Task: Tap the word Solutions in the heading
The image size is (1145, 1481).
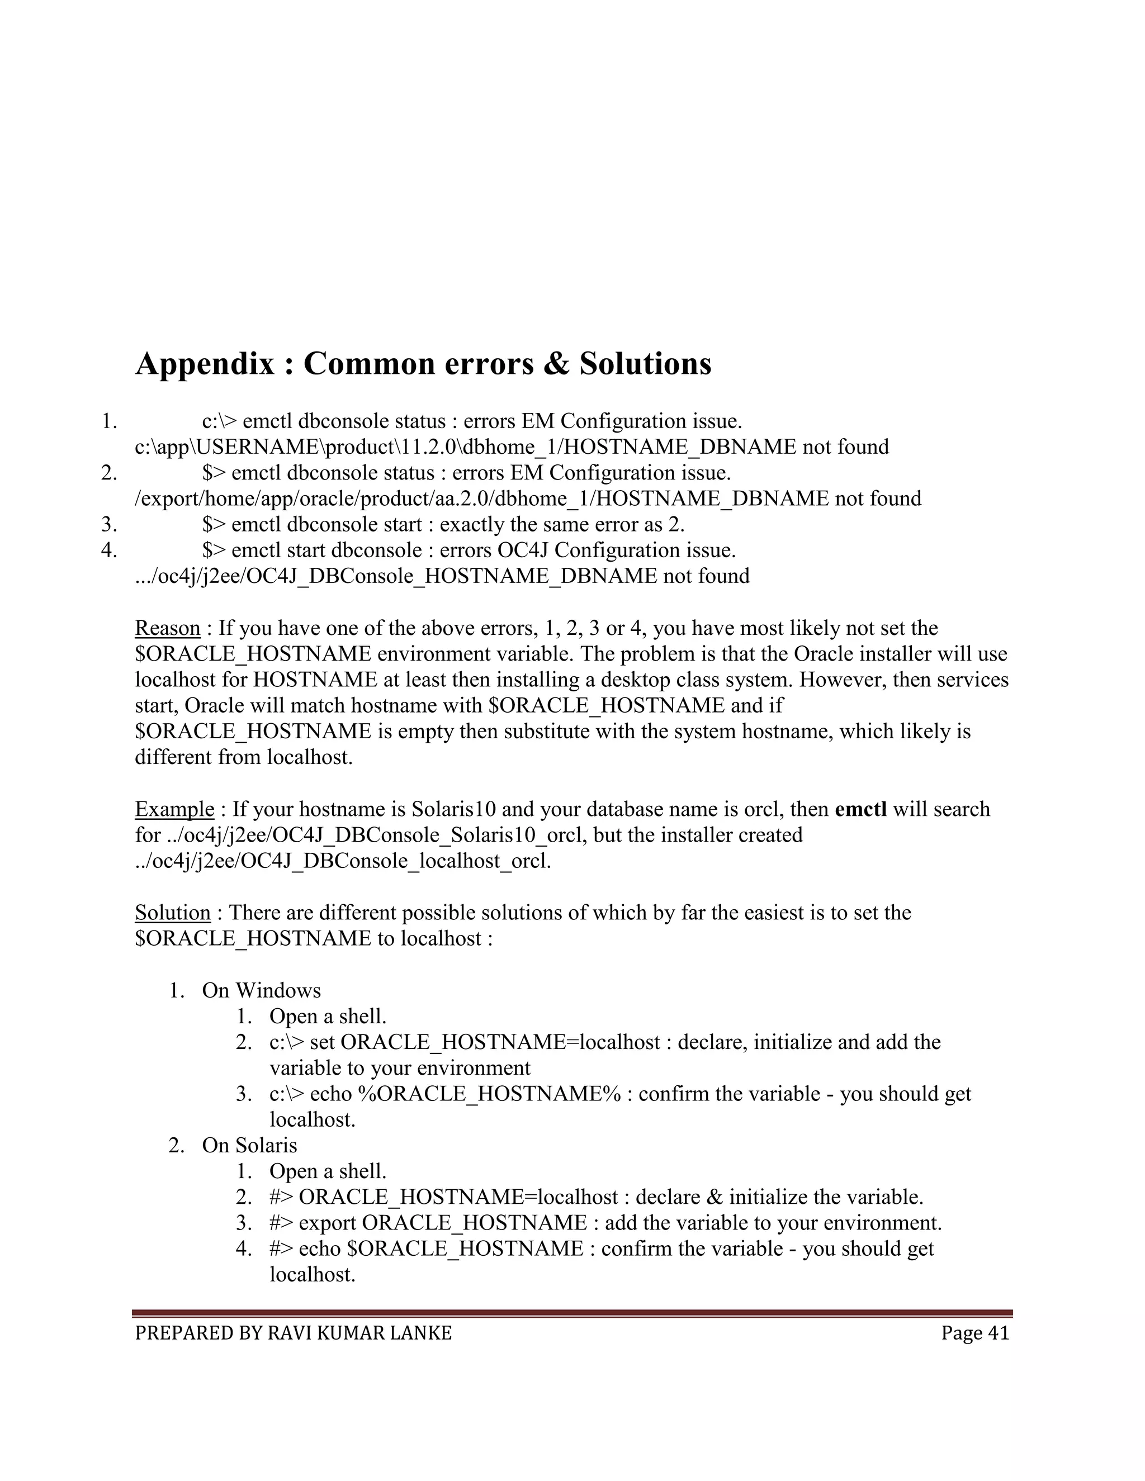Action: tap(645, 364)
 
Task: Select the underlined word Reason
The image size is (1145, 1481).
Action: tap(168, 628)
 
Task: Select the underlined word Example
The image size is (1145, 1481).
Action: tap(174, 809)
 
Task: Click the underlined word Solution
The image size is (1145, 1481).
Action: tap(172, 913)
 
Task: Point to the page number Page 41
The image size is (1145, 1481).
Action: tap(974, 1333)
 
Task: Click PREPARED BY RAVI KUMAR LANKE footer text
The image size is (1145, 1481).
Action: tap(293, 1333)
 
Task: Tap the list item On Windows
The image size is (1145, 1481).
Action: tap(261, 991)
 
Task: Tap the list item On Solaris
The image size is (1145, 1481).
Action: tap(249, 1145)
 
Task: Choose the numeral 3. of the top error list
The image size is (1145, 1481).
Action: tap(109, 524)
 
